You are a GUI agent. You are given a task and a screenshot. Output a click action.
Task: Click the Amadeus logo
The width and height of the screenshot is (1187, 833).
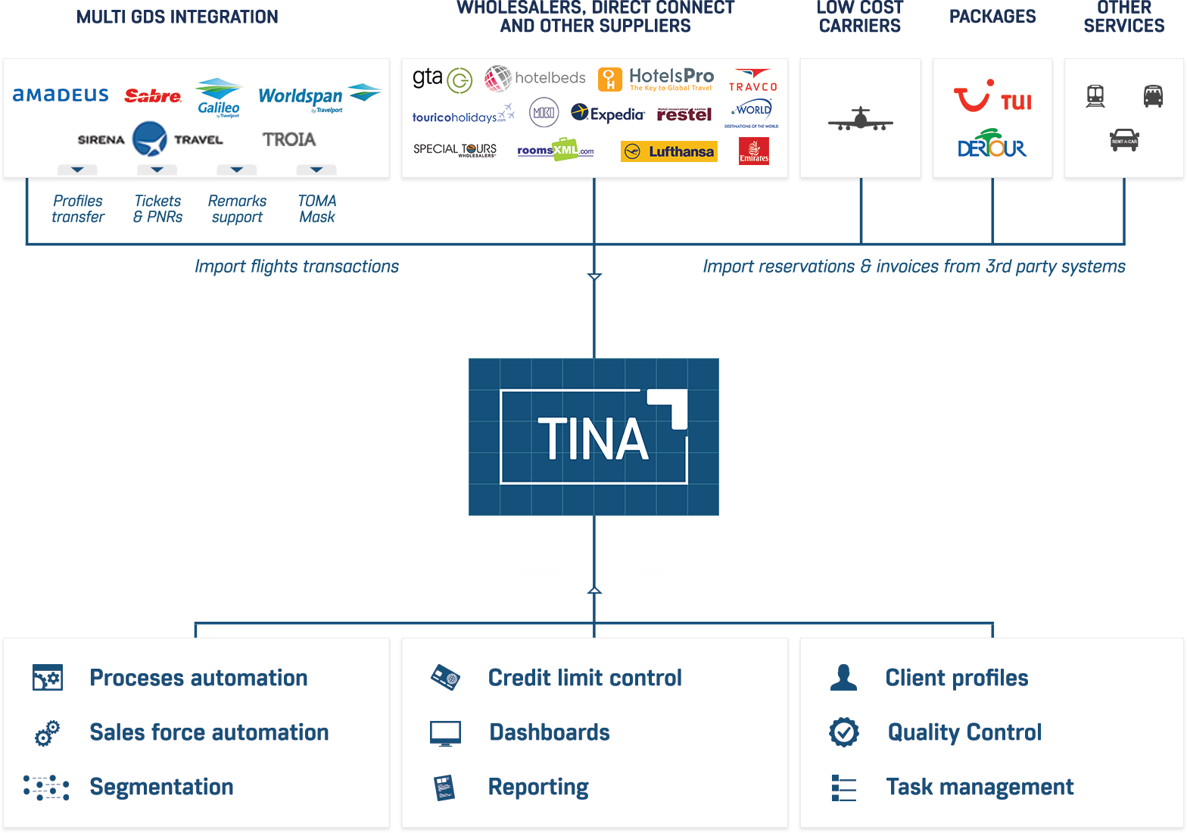coord(61,95)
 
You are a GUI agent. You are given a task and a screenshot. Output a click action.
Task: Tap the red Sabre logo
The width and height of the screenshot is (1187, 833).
coord(153,96)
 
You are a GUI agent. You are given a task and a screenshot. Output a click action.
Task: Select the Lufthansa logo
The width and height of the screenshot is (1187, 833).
coord(668,151)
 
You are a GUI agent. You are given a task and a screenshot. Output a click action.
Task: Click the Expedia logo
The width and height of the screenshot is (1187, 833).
coord(608,114)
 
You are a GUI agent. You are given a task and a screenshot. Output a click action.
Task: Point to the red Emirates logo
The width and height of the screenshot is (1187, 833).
coord(753,151)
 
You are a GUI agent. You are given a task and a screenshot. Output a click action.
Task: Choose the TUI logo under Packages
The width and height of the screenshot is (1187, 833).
coord(992,98)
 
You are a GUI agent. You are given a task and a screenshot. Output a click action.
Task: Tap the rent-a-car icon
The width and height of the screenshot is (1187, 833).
coord(1124,140)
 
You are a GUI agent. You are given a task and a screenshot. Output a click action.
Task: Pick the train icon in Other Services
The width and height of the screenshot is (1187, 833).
coord(1095,96)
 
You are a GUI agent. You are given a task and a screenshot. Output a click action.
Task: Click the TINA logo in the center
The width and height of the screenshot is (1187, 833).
coord(593,437)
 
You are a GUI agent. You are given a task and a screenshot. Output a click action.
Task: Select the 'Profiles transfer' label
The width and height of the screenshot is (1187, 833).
coord(78,209)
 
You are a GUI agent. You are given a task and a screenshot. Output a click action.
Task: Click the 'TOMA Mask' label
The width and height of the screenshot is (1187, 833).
coord(316,209)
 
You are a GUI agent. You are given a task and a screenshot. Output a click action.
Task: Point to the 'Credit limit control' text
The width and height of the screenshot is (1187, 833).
coord(584,678)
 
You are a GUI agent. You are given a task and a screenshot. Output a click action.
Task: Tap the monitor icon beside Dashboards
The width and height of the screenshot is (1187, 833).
coord(445,733)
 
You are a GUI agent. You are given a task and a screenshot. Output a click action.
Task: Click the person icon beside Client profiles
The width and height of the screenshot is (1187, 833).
coord(843,678)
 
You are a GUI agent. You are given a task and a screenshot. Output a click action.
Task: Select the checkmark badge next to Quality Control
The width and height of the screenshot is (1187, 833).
coord(843,732)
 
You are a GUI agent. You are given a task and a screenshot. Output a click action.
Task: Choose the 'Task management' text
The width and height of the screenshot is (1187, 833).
coord(980,787)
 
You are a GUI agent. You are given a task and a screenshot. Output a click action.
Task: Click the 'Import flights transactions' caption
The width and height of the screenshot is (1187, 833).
coord(296,267)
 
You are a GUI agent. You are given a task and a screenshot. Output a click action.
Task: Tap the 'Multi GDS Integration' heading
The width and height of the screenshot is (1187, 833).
coord(177,17)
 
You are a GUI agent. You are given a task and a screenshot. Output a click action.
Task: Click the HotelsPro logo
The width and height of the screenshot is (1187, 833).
coord(656,79)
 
